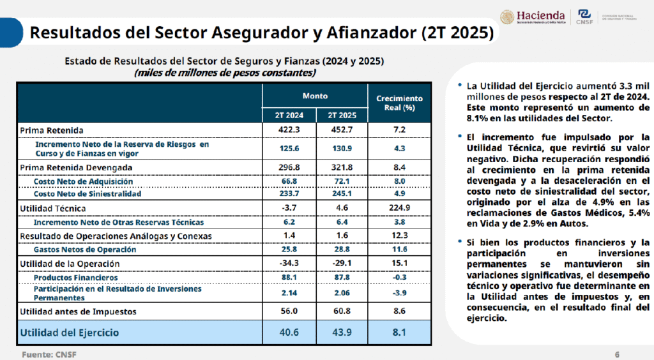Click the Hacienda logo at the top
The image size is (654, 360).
(533, 17)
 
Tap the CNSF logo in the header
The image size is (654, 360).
(584, 17)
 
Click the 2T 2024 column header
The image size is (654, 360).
(289, 115)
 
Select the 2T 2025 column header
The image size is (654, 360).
(342, 115)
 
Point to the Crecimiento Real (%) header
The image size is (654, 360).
(400, 103)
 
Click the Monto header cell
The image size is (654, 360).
(315, 96)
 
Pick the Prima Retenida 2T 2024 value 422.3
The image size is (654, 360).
(289, 130)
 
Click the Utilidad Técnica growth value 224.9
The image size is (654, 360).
(400, 207)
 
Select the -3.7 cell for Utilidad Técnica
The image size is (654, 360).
(289, 207)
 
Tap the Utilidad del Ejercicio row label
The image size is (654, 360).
(70, 333)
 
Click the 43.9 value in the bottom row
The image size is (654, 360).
(342, 332)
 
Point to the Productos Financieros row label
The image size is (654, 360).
(75, 278)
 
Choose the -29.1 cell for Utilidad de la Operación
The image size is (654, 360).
(342, 264)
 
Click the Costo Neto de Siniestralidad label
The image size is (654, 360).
(87, 194)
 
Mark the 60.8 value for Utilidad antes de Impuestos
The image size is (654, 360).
(342, 311)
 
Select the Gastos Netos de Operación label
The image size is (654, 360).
(85, 250)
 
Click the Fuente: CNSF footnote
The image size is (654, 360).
(49, 355)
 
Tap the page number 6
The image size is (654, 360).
(617, 355)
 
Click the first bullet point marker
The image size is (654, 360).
(460, 85)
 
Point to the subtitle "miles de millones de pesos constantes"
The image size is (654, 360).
(225, 73)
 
